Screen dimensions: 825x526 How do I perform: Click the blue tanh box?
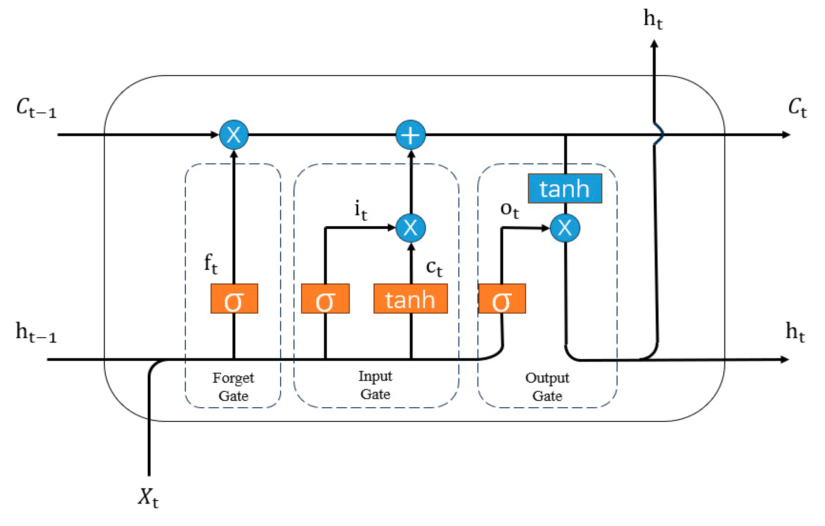click(x=565, y=188)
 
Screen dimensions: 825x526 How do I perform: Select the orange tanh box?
click(x=411, y=299)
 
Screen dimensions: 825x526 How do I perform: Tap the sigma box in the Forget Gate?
click(x=234, y=299)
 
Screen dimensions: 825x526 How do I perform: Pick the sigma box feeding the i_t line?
click(x=325, y=299)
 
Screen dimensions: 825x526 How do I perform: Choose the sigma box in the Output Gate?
click(x=502, y=299)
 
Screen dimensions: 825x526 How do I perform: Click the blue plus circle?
click(x=411, y=135)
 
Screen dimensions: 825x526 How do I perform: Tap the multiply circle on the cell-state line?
click(x=234, y=135)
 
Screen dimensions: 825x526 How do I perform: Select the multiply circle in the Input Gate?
click(x=411, y=228)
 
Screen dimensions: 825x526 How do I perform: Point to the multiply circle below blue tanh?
click(x=565, y=228)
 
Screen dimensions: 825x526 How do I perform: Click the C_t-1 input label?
click(x=36, y=108)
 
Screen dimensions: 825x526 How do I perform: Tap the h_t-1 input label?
click(x=36, y=332)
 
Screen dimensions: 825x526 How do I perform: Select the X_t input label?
click(x=148, y=498)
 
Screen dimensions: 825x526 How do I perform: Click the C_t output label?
click(x=797, y=108)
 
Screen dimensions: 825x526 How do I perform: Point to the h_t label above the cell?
click(x=653, y=19)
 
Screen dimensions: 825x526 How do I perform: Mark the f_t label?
click(x=211, y=264)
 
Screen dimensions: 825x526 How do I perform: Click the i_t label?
click(x=361, y=210)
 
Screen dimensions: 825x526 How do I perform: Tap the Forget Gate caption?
click(x=233, y=387)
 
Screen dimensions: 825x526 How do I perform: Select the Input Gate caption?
click(x=375, y=385)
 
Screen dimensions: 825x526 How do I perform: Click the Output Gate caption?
click(x=547, y=387)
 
